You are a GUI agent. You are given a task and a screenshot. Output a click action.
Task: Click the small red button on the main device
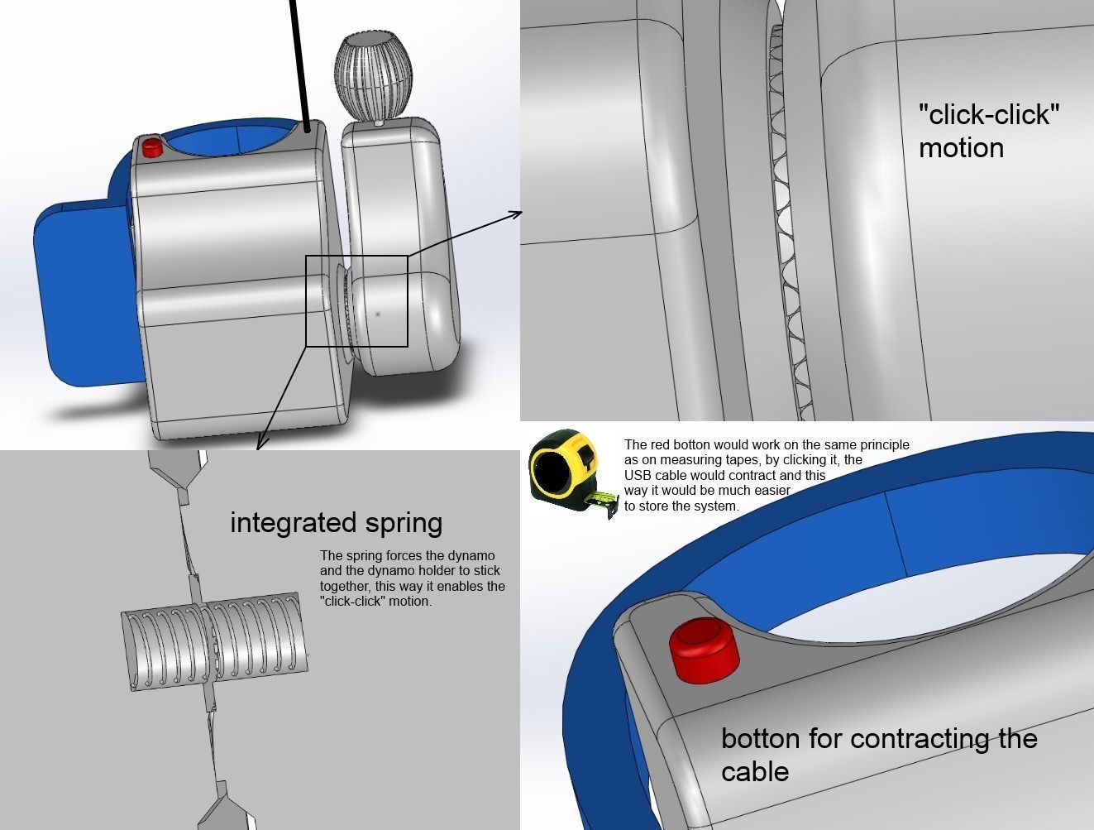click(151, 147)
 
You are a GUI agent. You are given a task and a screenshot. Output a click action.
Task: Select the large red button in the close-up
click(704, 649)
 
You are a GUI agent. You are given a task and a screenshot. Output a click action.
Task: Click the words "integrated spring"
click(336, 523)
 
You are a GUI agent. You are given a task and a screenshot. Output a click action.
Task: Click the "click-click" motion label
click(988, 131)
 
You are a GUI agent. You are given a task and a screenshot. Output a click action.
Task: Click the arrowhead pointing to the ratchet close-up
click(517, 213)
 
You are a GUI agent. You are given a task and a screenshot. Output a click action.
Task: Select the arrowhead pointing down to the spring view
click(260, 444)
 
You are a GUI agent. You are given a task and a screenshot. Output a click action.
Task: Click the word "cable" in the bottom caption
click(754, 771)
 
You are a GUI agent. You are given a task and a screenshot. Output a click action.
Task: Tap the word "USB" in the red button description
click(638, 475)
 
